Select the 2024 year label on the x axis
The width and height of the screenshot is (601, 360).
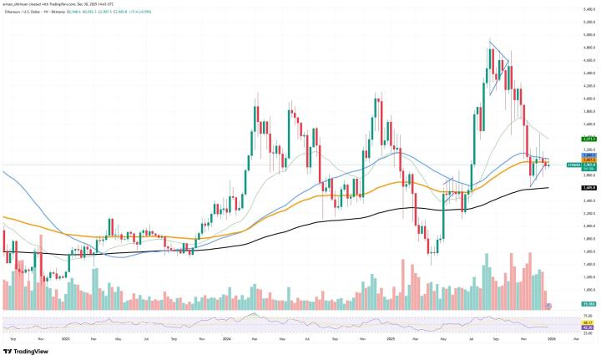[x=227, y=339]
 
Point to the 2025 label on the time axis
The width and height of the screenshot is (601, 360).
[x=390, y=339]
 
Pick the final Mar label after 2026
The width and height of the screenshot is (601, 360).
[x=576, y=339]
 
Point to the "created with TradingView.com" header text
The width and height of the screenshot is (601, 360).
[x=67, y=3]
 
